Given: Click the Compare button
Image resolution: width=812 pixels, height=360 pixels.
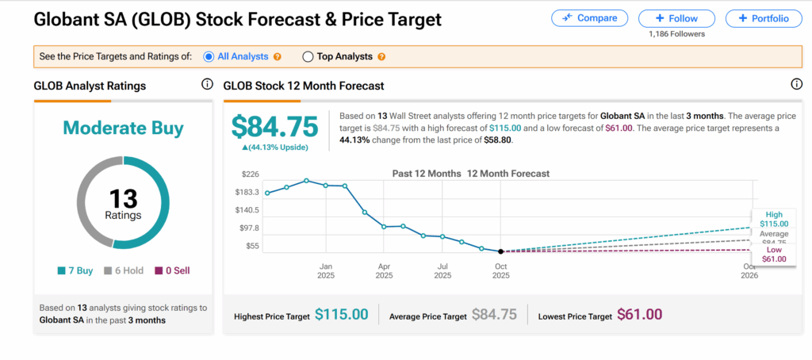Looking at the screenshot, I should (x=589, y=18).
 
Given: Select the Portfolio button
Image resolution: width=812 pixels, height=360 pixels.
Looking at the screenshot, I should (x=763, y=18).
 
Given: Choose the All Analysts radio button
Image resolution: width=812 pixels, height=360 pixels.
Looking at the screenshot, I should (x=209, y=57).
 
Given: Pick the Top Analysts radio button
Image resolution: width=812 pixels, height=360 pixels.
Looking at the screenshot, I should (x=308, y=57).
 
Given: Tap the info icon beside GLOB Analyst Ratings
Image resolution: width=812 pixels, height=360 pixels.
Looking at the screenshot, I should (x=207, y=85).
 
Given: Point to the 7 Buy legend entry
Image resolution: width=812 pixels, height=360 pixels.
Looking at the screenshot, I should (x=77, y=270).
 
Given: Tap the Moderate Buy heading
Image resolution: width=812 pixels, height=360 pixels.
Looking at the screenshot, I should (x=123, y=128).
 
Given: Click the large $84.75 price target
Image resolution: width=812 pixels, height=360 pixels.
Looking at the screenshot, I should (x=274, y=127).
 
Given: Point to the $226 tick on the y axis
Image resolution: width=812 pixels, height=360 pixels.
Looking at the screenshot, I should (x=251, y=174).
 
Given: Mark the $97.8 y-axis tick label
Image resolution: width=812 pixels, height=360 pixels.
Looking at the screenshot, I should (x=249, y=228).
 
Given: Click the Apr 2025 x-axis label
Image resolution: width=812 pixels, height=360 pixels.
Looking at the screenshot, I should (x=384, y=271).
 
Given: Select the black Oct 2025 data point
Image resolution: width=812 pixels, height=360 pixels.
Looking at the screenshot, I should (x=500, y=251).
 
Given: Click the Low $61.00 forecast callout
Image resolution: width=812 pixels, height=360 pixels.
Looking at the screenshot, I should (x=773, y=255).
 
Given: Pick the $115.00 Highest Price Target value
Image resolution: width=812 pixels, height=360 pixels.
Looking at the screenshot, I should (x=342, y=315).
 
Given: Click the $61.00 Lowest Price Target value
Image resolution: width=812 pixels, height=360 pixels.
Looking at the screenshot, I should (x=639, y=315).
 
